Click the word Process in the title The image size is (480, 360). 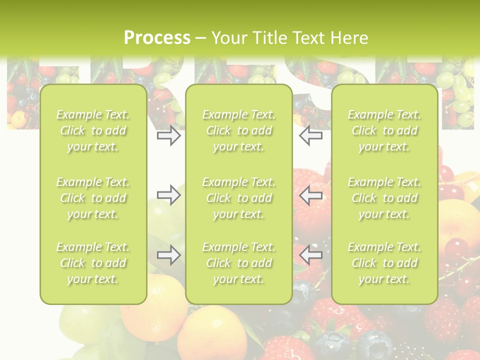coord(157,38)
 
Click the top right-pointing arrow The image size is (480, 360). coord(168,136)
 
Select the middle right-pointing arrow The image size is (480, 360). coord(168,194)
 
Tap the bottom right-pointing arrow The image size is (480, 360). coord(168,255)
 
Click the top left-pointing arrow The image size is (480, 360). coord(310,136)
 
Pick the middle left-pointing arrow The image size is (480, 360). coord(310,194)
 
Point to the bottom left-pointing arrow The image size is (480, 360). coord(310,255)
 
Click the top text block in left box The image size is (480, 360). coord(93,130)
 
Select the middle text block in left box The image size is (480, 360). coord(93,198)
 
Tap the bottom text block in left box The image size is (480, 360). coord(93,263)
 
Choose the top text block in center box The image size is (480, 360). coord(239,130)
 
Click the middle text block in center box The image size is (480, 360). coord(239,198)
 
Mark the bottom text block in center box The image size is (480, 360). coord(239,263)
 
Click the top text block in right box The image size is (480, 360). coord(384,130)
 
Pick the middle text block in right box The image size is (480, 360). coord(384,198)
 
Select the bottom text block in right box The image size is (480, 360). coord(384,263)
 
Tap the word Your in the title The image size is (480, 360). coord(228,38)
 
